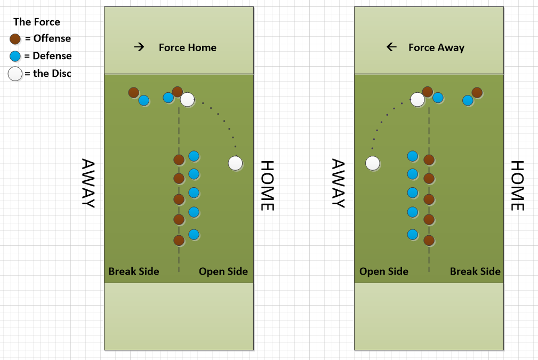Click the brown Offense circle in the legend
point(15,38)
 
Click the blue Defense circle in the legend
point(15,56)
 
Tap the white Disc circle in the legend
point(15,74)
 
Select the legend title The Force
point(36,22)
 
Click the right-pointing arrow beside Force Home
point(139,47)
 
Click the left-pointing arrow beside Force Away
point(391,47)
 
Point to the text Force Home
point(188,47)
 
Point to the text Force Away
point(436,47)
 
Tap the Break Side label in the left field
point(134,271)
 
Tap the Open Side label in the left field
point(223,271)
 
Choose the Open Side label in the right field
point(384,271)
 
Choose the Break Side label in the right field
point(475,271)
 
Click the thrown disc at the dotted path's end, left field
point(235,163)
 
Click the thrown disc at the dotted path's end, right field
point(373,163)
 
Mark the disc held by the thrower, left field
point(187,99)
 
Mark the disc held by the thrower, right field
point(417,99)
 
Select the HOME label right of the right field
point(518,186)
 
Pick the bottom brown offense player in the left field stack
point(179,241)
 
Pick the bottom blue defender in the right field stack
point(412,234)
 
